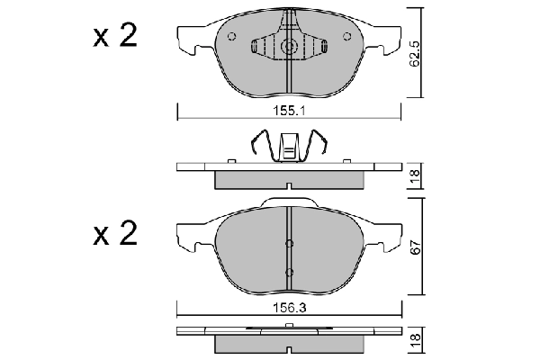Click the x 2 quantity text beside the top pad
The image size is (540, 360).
pos(113,38)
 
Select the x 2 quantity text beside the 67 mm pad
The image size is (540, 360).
pos(113,236)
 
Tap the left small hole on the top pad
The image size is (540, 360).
pos(232,37)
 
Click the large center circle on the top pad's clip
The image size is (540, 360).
pos(290,48)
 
